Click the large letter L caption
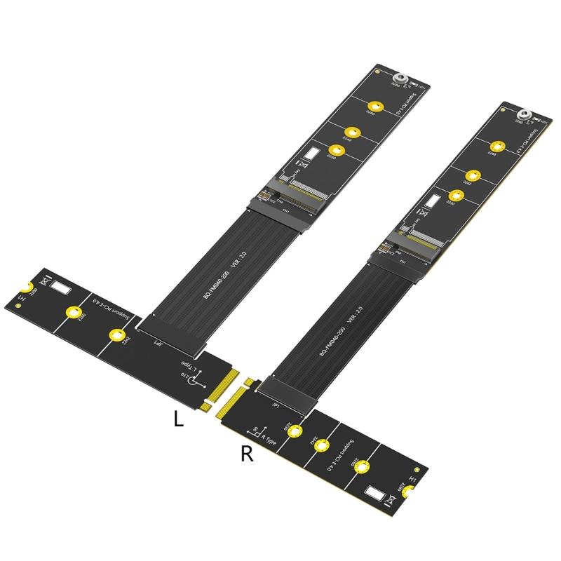[179, 419]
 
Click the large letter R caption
[246, 454]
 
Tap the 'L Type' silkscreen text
[185, 364]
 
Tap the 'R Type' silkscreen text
[266, 442]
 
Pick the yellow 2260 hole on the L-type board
[72, 313]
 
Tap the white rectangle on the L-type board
[62, 288]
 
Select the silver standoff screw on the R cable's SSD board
[522, 116]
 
